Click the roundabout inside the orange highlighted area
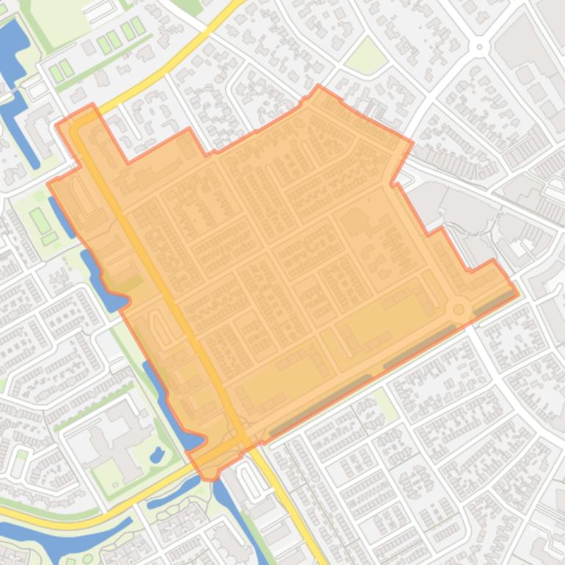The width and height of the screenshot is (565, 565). (x=460, y=310)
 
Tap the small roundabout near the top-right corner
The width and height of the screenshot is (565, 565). (x=480, y=47)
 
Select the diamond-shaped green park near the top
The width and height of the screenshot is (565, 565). (x=365, y=57)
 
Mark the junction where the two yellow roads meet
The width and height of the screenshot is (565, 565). (x=242, y=439)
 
